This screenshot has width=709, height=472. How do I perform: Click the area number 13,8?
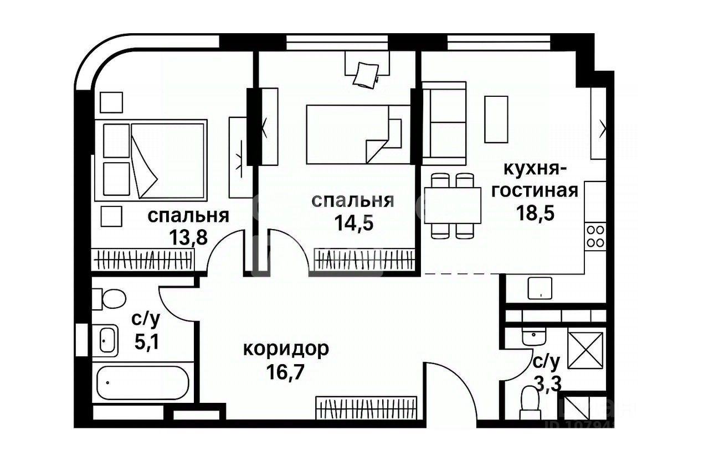(188, 237)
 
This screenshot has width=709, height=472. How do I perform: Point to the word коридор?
(286, 349)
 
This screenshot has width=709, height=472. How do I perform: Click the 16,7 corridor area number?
(286, 369)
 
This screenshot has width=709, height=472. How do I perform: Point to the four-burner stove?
(595, 236)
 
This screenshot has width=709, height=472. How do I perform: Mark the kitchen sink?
(540, 288)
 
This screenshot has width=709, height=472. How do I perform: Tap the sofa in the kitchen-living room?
(444, 123)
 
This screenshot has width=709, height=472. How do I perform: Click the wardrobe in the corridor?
(366, 408)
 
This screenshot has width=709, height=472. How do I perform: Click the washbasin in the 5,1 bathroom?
(107, 340)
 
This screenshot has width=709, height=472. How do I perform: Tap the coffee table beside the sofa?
(496, 119)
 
